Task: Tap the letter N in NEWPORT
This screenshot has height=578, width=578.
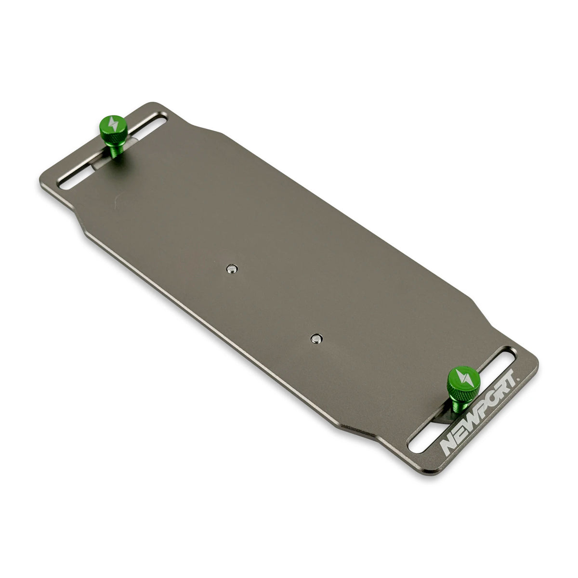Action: point(448,446)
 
